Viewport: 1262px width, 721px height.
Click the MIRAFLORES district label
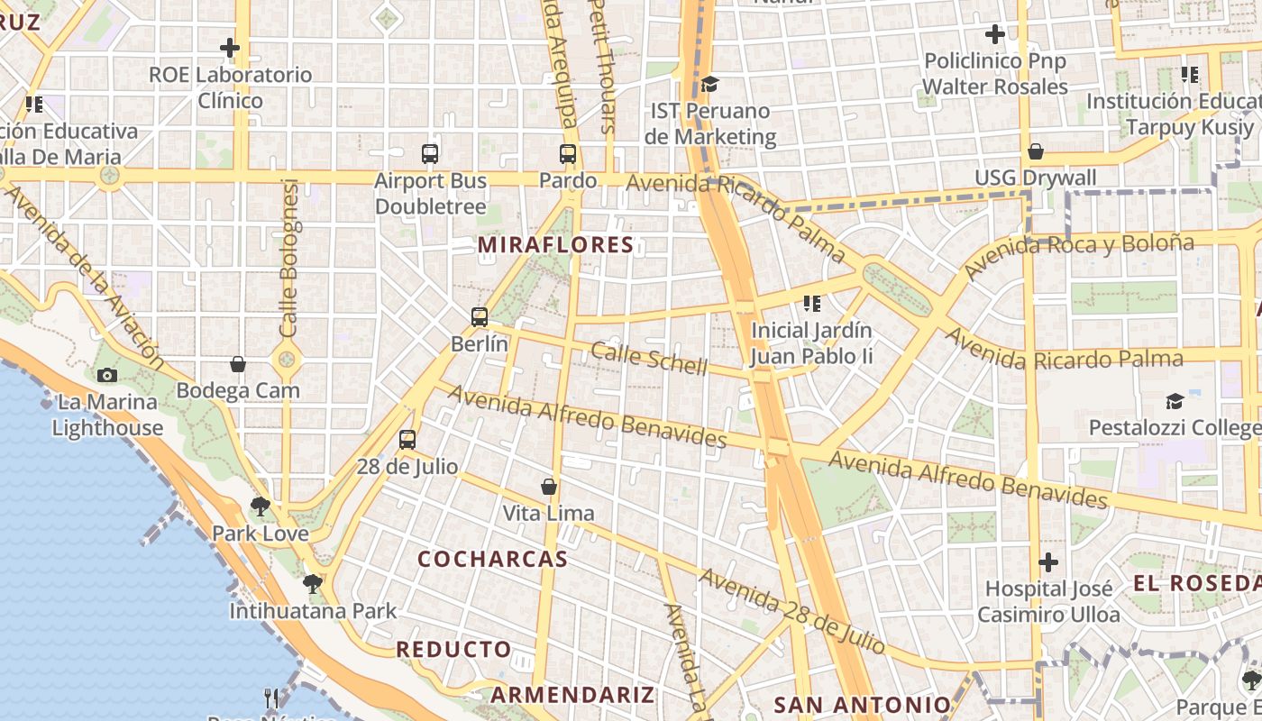(556, 245)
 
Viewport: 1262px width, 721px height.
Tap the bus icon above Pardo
(568, 154)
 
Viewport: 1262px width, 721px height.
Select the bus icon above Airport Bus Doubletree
(430, 154)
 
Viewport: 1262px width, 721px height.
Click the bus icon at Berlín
(480, 317)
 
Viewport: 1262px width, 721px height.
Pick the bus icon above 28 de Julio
(407, 440)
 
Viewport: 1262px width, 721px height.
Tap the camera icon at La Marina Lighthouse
(106, 375)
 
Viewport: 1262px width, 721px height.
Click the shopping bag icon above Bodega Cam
(238, 364)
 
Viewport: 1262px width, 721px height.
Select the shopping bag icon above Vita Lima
(548, 487)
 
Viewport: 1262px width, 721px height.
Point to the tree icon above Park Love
(261, 507)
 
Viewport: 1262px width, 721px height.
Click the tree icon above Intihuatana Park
(313, 584)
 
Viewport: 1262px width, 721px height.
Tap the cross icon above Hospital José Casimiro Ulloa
(1048, 563)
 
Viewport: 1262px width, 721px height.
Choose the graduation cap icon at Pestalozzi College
(1175, 401)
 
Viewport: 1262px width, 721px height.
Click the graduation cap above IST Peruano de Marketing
(710, 85)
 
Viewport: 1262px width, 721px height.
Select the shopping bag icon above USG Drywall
(1036, 151)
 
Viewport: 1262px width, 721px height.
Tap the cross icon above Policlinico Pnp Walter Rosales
(995, 35)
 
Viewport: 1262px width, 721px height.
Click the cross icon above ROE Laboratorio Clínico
(230, 48)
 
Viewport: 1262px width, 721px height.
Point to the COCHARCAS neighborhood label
(493, 559)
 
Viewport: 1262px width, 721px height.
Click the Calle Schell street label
(649, 357)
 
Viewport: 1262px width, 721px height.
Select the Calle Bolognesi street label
(289, 259)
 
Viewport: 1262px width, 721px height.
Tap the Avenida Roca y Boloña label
(1079, 254)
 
